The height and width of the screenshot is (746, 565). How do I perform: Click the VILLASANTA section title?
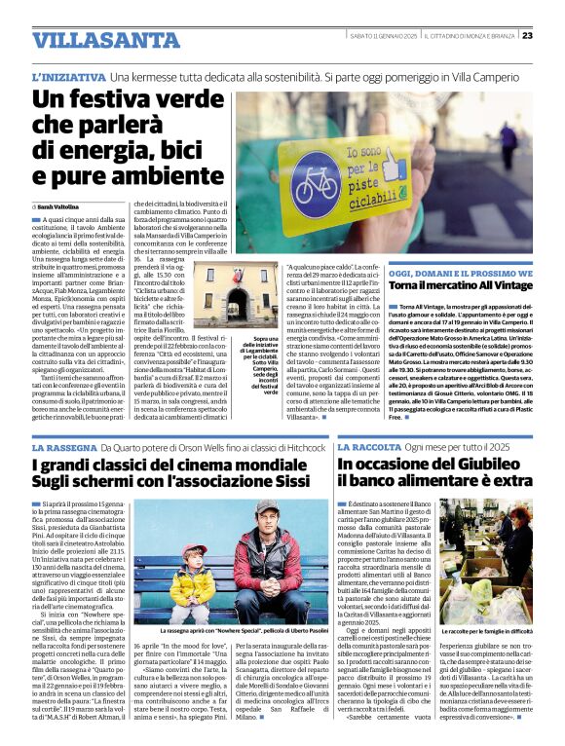[x=94, y=41]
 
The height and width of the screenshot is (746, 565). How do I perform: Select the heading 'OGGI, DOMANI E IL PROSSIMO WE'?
[x=447, y=273]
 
